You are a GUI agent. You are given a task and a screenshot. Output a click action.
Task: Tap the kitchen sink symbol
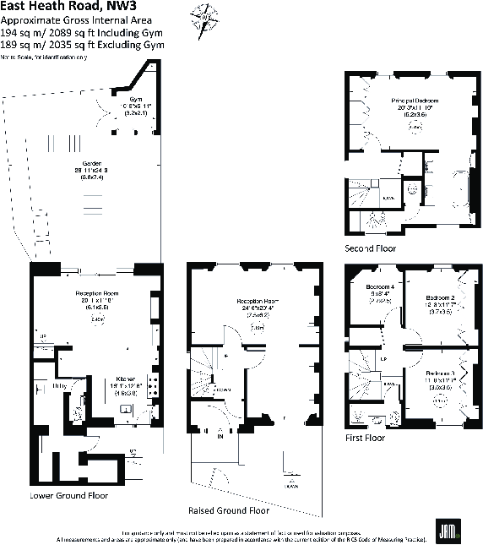click(125, 410)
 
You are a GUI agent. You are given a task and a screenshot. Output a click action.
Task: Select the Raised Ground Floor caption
click(229, 510)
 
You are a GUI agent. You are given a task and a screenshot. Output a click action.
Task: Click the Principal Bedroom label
click(414, 101)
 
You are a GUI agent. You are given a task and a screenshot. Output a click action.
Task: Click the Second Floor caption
click(370, 248)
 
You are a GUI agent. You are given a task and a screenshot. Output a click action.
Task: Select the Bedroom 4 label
click(377, 287)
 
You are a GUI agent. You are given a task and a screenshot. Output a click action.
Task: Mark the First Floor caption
click(365, 439)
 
